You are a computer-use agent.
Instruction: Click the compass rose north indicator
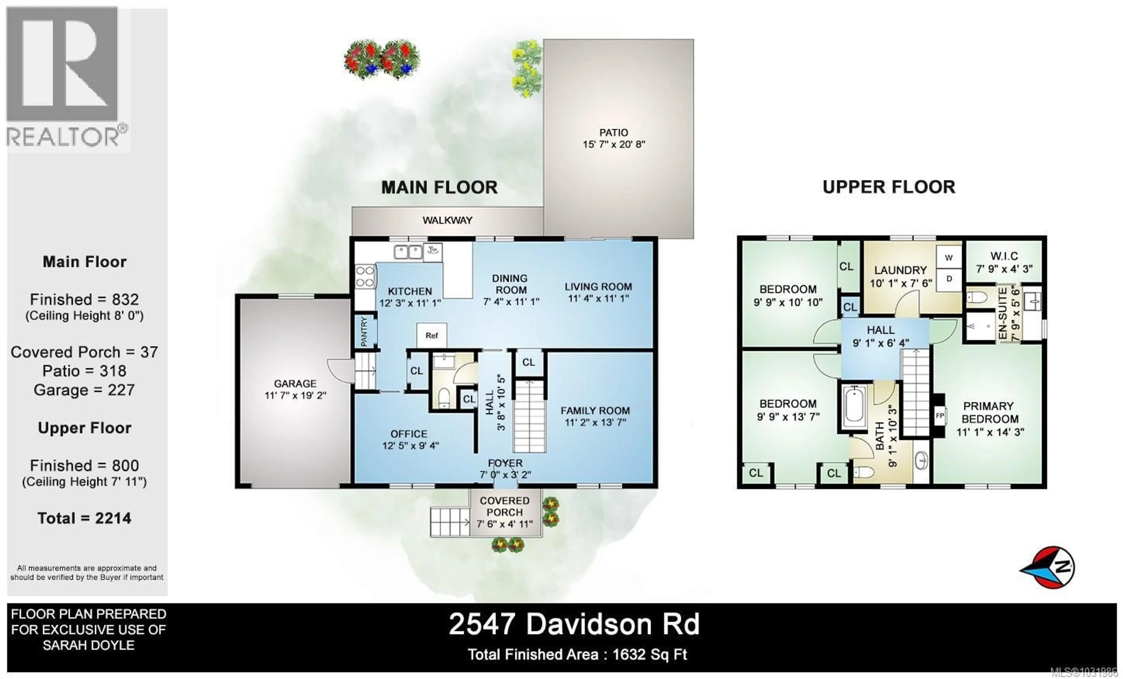point(1048,567)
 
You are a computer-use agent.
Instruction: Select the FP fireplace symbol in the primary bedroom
point(939,415)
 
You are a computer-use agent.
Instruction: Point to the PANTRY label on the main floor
point(364,332)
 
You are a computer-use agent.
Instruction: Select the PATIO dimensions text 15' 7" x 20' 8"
point(614,145)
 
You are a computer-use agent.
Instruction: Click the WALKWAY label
point(447,220)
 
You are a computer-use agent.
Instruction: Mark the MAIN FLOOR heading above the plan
point(439,187)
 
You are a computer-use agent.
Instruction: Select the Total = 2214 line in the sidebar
point(84,518)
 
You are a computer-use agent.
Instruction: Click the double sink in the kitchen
point(408,252)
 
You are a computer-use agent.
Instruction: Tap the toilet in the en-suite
point(977,298)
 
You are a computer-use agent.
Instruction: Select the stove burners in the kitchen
point(365,277)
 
